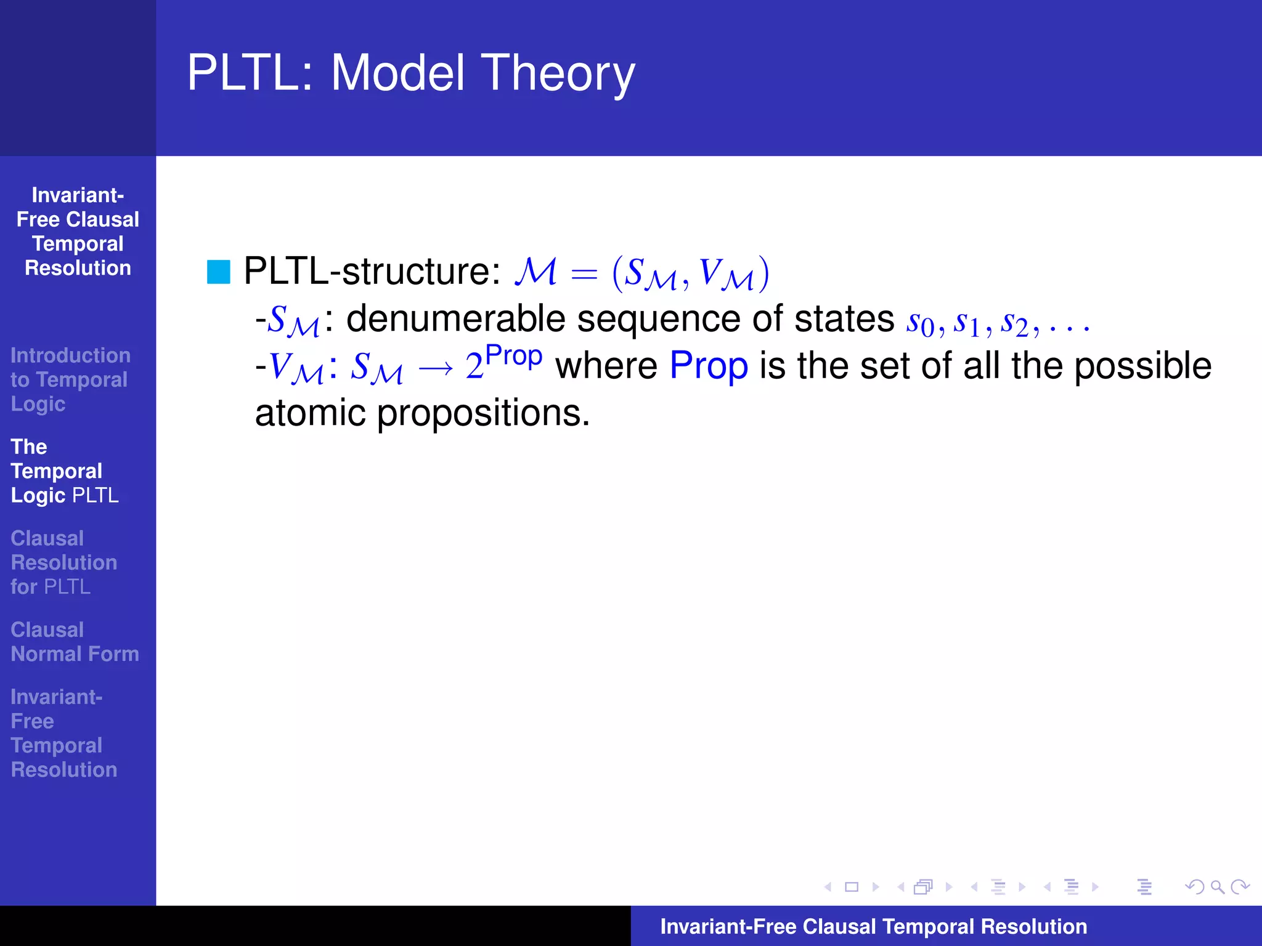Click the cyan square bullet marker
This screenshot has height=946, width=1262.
pos(218,272)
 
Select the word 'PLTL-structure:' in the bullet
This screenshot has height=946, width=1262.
pos(372,271)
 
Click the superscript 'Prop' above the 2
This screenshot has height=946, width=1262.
pos(514,356)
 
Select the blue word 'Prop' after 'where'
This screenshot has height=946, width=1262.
pos(709,366)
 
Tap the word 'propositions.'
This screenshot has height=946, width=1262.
pos(483,414)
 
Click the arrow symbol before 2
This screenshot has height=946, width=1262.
pos(436,368)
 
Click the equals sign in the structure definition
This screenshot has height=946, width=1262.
pos(584,273)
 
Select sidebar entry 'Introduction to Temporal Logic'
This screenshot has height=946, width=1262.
pos(70,379)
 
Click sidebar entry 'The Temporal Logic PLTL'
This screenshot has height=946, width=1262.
pos(65,471)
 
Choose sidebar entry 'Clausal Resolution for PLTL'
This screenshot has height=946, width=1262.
pos(63,562)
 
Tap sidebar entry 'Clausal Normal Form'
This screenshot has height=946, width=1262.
pos(75,642)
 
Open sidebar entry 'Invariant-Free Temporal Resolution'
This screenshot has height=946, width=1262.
pos(63,733)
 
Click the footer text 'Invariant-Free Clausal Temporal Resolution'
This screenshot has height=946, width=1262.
pos(873,926)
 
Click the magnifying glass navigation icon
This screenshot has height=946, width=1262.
pos(1217,887)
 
